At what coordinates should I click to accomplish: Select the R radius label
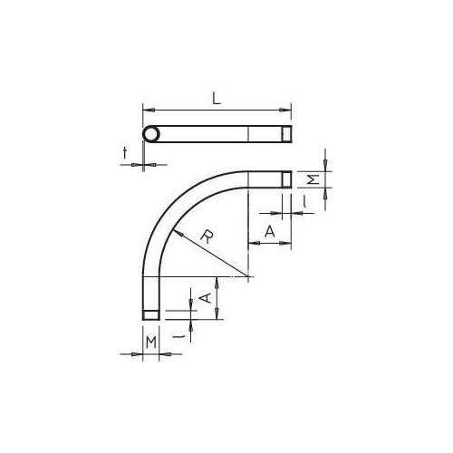(207, 237)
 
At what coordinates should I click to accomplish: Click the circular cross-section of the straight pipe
(150, 134)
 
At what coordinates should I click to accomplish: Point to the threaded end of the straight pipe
(285, 134)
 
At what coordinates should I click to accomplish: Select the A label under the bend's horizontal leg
(269, 232)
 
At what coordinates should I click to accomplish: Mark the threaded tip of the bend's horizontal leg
(285, 178)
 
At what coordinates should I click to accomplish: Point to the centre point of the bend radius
(247, 275)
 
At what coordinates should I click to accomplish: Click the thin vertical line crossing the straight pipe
(247, 134)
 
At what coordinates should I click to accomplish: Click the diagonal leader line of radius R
(217, 256)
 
